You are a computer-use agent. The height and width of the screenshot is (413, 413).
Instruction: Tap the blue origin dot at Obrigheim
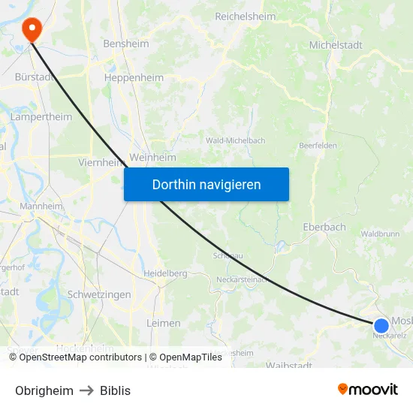coord(381,325)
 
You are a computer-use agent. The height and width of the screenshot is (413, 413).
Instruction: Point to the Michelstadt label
coord(336,45)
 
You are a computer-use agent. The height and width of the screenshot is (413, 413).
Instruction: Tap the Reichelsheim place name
coord(246,16)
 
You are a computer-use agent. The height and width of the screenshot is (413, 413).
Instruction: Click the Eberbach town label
coord(324,227)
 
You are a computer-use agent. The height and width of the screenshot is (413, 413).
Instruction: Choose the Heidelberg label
coord(165,274)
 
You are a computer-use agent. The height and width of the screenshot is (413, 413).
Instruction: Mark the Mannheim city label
coord(41,206)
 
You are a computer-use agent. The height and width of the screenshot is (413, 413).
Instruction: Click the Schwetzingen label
coord(99,295)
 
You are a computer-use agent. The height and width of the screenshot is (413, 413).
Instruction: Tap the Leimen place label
coord(164,324)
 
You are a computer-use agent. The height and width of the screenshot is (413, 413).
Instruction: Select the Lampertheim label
coord(41,117)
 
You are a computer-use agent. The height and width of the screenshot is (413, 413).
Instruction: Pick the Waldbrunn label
coord(379,234)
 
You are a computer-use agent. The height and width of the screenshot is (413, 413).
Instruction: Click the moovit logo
coord(368,390)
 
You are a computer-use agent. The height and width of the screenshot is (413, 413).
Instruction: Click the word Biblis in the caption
coord(115,390)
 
